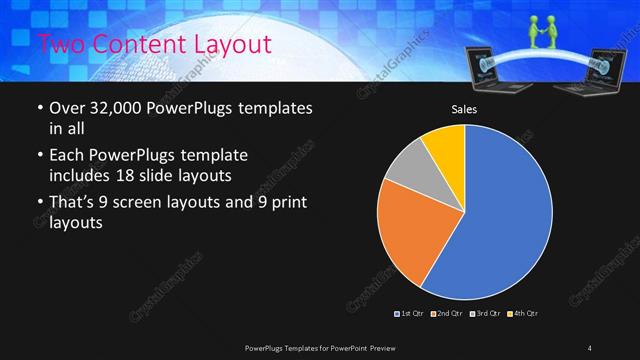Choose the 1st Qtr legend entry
(411, 314)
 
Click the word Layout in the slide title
(232, 44)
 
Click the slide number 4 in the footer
(590, 347)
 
